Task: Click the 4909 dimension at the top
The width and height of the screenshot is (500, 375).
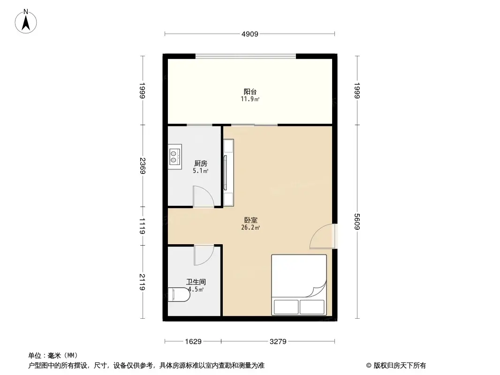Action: click(250, 34)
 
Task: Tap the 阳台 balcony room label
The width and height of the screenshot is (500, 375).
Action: click(250, 91)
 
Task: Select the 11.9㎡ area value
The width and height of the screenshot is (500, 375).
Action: click(250, 99)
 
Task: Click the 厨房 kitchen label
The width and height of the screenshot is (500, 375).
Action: click(200, 164)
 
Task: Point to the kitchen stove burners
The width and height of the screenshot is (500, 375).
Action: click(174, 157)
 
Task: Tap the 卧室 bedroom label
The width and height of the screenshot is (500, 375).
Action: click(250, 220)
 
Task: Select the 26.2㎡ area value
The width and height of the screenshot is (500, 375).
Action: click(250, 228)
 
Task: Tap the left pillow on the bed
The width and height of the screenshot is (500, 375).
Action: click(286, 307)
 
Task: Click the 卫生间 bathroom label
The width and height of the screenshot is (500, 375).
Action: click(196, 282)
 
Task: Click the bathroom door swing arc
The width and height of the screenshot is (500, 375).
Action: click(204, 255)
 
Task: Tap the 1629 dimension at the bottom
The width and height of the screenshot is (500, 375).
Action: click(193, 342)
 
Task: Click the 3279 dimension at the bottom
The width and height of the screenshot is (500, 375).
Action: click(278, 342)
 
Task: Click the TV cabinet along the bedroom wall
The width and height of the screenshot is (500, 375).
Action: click(228, 173)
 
